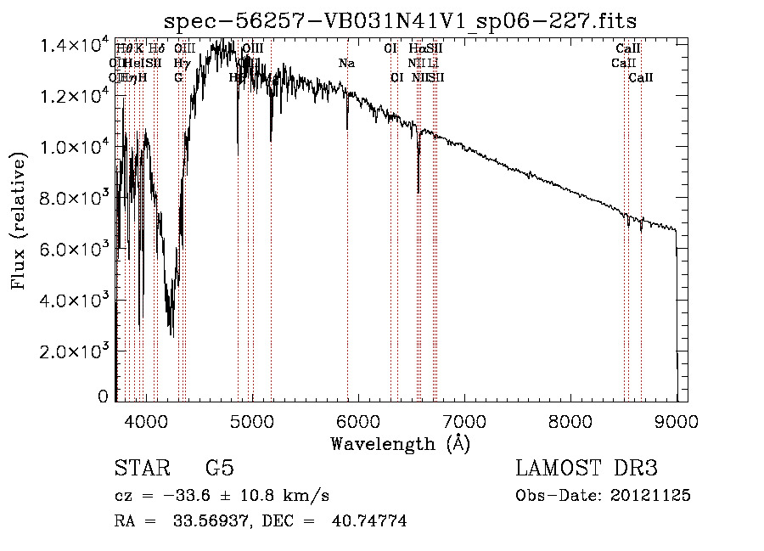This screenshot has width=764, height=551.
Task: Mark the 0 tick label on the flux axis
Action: [104, 396]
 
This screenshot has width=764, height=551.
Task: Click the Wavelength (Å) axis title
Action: [400, 443]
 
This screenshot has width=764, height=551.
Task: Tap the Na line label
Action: [346, 64]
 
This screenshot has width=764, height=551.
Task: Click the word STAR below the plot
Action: [141, 469]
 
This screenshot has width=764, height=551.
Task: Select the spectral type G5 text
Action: [219, 469]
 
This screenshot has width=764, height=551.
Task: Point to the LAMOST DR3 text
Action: [587, 469]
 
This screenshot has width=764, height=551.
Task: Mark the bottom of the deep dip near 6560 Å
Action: [419, 193]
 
